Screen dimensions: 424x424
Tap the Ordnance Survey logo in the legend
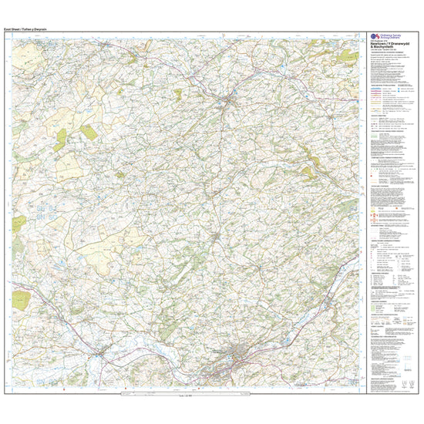(x=376, y=37)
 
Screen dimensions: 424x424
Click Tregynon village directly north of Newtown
(x=218, y=232)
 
